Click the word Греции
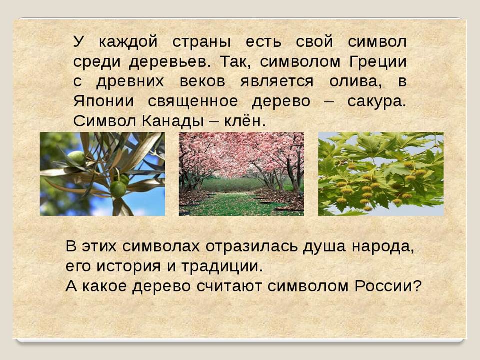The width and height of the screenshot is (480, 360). [x=378, y=62]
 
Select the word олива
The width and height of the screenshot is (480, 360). [x=355, y=82]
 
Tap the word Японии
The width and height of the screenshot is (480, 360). [x=103, y=101]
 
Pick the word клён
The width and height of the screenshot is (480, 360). [x=243, y=121]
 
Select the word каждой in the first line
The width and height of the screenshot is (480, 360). [x=128, y=42]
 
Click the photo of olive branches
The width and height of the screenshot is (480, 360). [x=102, y=174]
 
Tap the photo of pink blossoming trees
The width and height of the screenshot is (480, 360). [x=241, y=174]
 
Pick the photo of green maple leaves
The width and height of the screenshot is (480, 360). [x=381, y=174]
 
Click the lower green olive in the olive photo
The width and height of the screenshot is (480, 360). [x=118, y=189]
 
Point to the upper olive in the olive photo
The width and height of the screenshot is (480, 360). [x=77, y=158]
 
